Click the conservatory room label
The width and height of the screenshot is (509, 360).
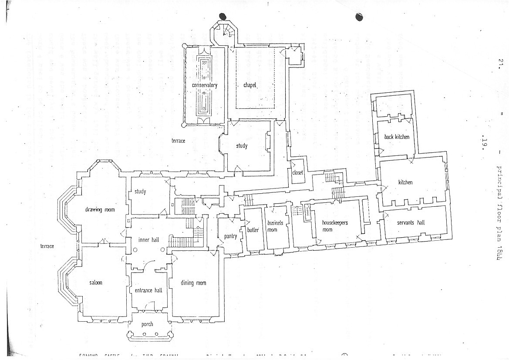(x=205, y=85)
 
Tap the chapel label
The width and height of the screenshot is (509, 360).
(x=250, y=85)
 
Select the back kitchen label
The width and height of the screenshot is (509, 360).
(x=397, y=137)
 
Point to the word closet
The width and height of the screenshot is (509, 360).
(x=298, y=173)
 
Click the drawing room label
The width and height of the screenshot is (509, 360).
(x=100, y=210)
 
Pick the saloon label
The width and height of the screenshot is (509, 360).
(x=96, y=283)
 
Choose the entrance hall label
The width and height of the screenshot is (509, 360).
(x=148, y=290)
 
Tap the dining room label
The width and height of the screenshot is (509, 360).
(x=193, y=283)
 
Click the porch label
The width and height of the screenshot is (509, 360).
(x=147, y=324)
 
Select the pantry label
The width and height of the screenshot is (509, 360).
(x=230, y=236)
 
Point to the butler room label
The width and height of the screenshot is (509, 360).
(x=253, y=229)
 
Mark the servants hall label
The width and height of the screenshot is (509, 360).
(x=411, y=222)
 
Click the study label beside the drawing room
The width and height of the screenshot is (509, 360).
(x=140, y=192)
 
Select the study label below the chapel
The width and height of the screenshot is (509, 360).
(x=242, y=146)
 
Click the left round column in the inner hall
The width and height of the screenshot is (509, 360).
(x=135, y=250)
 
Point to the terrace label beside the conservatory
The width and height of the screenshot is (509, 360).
(x=178, y=141)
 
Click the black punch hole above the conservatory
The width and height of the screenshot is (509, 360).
(x=223, y=17)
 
